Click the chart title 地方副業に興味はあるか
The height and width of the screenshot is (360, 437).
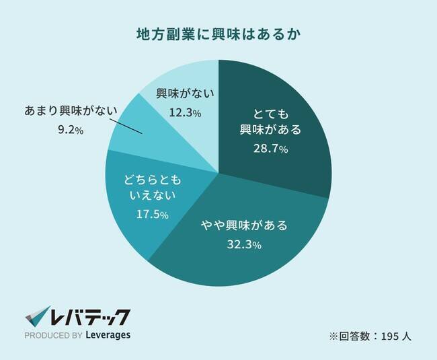click(218, 33)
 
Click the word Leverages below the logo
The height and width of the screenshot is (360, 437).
click(108, 335)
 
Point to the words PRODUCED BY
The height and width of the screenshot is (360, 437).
click(53, 335)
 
